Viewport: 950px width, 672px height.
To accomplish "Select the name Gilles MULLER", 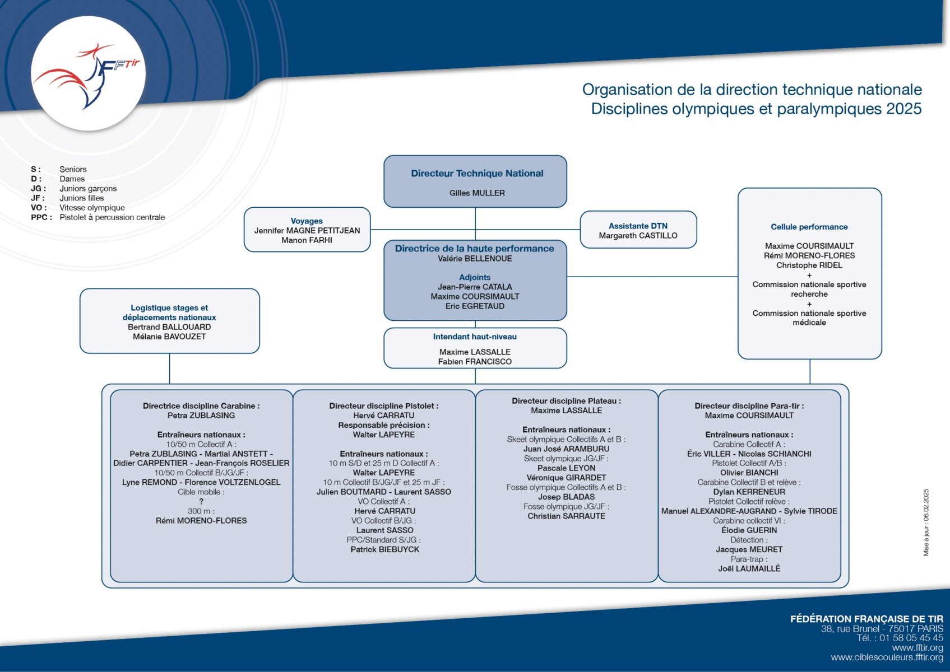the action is [477, 193].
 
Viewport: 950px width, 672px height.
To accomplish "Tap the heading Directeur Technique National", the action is [477, 173].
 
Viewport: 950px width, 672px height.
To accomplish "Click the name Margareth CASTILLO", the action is [638, 236].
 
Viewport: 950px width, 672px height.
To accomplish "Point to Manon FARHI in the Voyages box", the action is [307, 240].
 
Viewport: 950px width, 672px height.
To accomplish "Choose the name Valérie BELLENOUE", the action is [475, 259].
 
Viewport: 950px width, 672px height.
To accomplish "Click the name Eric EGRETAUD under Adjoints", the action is [475, 306].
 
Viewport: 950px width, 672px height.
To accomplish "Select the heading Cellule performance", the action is [809, 227].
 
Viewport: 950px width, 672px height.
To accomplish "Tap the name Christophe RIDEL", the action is [809, 265].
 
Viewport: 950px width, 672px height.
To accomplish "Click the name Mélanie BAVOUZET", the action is [169, 337].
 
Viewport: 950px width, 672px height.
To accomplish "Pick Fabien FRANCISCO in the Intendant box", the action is [475, 361].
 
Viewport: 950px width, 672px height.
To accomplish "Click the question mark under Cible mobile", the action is [201, 501].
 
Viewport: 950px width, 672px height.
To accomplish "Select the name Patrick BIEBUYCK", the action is [384, 549].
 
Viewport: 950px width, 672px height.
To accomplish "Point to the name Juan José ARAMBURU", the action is [566, 449].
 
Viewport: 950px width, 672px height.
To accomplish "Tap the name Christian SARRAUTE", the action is [566, 516].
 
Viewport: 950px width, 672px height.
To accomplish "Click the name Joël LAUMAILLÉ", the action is [749, 568].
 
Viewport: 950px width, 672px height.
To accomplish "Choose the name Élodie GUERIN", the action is [749, 530].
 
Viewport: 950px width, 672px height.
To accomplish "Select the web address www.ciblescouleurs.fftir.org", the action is [887, 657].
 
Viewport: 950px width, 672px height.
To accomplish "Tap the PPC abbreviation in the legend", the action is [41, 217].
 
